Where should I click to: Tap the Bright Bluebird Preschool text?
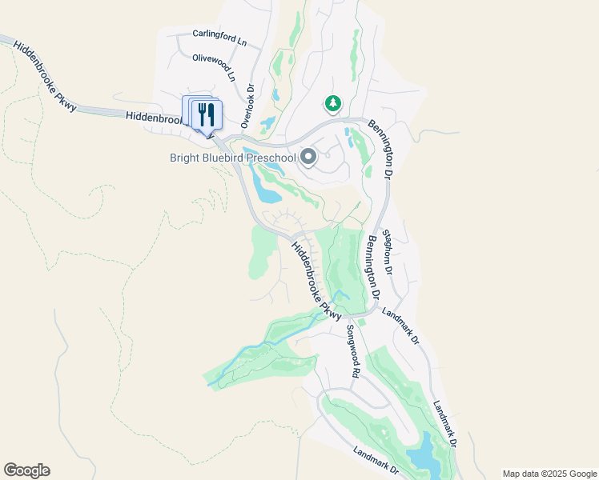(233, 158)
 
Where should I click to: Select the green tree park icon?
(333, 103)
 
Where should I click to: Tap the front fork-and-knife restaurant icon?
(207, 114)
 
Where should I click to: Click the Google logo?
(26, 470)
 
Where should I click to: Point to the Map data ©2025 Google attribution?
(549, 474)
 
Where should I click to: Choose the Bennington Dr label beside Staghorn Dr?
(370, 268)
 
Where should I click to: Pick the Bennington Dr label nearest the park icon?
(382, 149)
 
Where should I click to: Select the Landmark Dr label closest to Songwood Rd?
(400, 326)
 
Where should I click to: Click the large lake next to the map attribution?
(426, 457)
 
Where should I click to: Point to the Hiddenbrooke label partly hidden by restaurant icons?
(157, 117)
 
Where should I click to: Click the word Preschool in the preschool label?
(271, 158)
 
